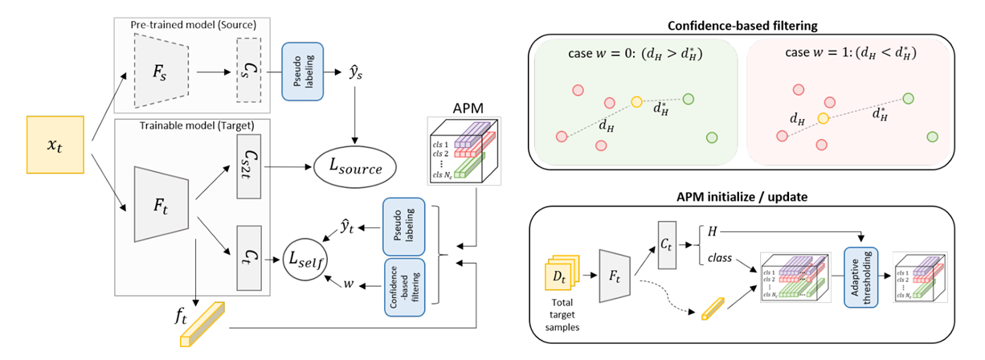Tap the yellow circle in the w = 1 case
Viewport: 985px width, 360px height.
tap(823, 118)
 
